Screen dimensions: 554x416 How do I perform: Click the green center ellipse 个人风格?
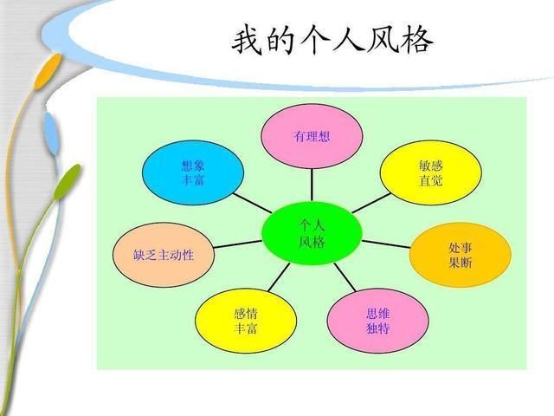pyautogui.click(x=312, y=233)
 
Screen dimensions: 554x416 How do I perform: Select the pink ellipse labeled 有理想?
pyautogui.click(x=312, y=136)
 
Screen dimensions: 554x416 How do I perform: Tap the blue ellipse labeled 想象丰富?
pyautogui.click(x=193, y=172)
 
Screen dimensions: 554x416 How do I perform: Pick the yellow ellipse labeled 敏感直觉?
pyautogui.click(x=431, y=172)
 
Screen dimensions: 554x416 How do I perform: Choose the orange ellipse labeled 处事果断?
pyautogui.click(x=461, y=255)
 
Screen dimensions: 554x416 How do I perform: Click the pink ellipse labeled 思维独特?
pyautogui.click(x=377, y=321)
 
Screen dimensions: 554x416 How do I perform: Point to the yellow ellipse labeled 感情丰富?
pyautogui.click(x=246, y=321)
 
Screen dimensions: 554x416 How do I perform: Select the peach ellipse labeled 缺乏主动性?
pyautogui.click(x=164, y=255)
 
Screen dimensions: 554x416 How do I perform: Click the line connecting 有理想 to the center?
pyautogui.click(x=312, y=185)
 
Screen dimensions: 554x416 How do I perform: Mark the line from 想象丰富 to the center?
pyautogui.click(x=252, y=203)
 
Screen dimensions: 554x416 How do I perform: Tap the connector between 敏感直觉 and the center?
pyautogui.click(x=371, y=203)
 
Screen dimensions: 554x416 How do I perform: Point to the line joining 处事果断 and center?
pyautogui.click(x=386, y=244)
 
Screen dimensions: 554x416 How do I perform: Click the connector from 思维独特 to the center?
pyautogui.click(x=345, y=277)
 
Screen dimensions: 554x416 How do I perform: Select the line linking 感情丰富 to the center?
pyautogui.click(x=279, y=277)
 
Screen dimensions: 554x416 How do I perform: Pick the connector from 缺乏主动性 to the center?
pyautogui.click(x=238, y=244)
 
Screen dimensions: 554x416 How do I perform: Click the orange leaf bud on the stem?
pyautogui.click(x=48, y=71)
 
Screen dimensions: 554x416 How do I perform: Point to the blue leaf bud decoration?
pyautogui.click(x=52, y=133)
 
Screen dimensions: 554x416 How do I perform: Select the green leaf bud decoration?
pyautogui.click(x=67, y=182)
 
